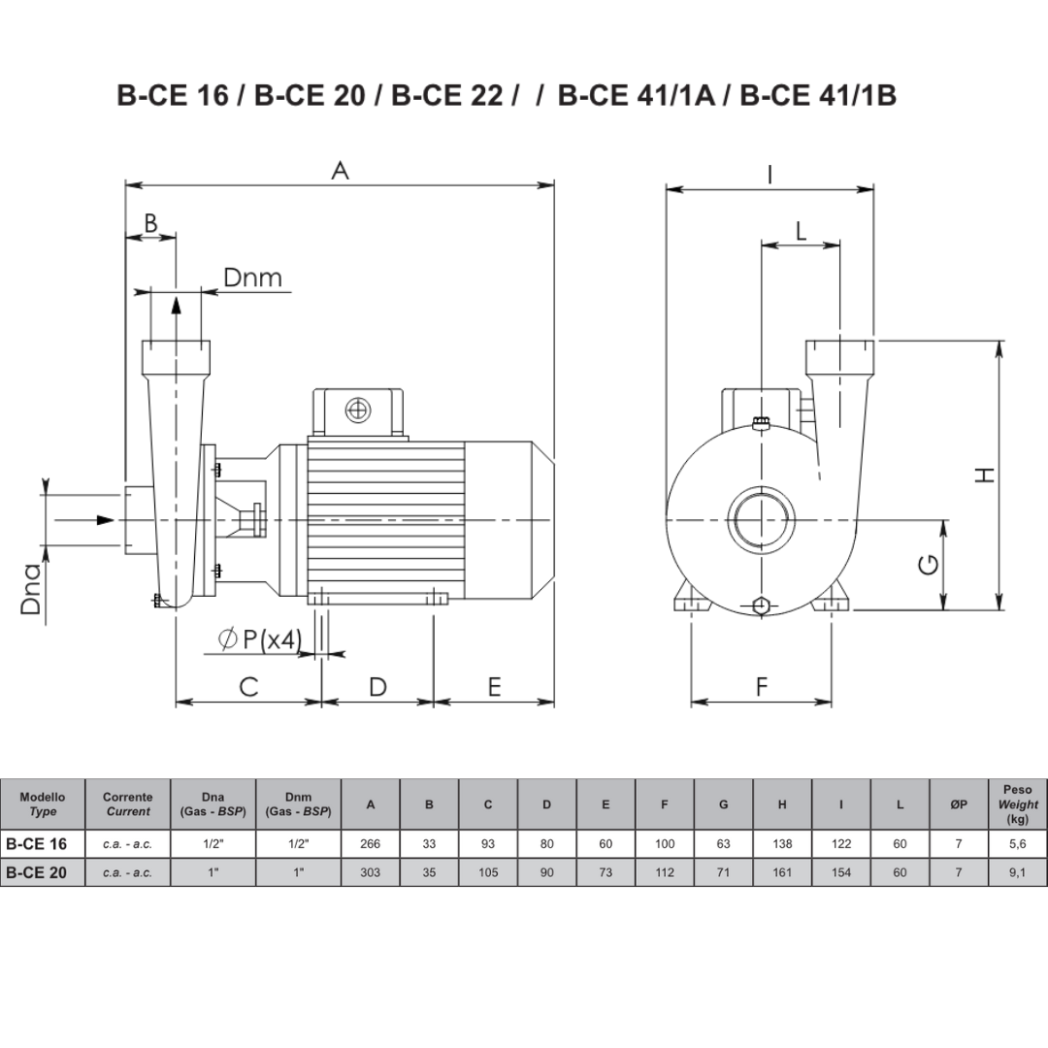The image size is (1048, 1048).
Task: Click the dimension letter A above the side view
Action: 341,171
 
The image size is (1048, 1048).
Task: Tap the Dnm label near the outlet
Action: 252,278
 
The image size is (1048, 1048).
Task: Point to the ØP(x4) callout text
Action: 261,639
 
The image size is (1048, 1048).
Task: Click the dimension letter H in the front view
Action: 986,475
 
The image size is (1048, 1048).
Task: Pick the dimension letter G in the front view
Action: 929,566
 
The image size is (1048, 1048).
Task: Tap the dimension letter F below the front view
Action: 762,686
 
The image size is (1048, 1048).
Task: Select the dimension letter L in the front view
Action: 801,231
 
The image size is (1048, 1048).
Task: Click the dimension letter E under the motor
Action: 495,686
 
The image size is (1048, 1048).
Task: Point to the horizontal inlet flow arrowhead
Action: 106,520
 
